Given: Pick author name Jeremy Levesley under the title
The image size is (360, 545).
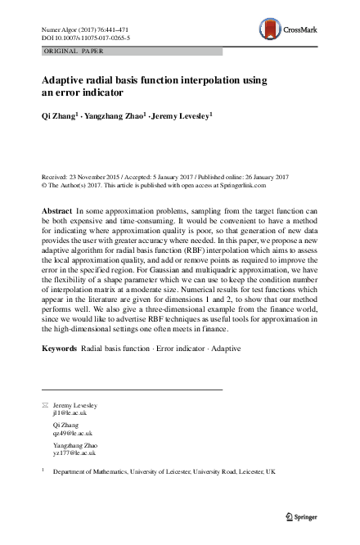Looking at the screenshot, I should pyautogui.click(x=186, y=118).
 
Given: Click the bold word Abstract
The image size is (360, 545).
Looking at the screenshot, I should pyautogui.click(x=57, y=212).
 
